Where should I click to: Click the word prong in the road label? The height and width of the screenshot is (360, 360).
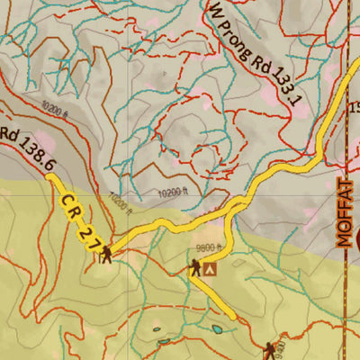tap(237, 37)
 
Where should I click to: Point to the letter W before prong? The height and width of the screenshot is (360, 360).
tap(216, 12)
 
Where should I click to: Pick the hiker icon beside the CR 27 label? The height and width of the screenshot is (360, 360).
tap(107, 255)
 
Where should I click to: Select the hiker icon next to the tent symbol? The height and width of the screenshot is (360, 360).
tap(194, 266)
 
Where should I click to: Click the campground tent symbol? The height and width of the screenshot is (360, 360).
tap(211, 267)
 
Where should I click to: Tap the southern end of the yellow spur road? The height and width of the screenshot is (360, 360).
tap(236, 317)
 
